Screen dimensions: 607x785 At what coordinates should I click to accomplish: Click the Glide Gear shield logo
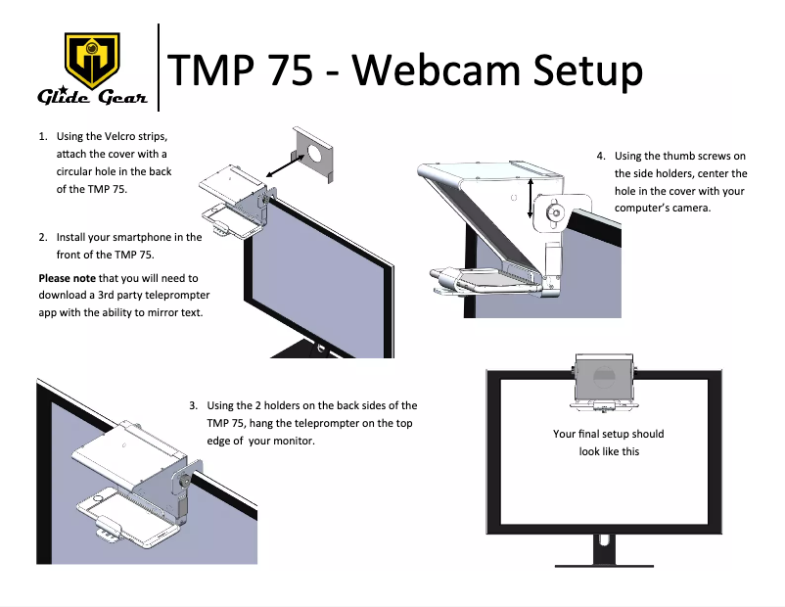pyautogui.click(x=91, y=61)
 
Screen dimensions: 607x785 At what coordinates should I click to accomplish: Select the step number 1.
pyautogui.click(x=42, y=136)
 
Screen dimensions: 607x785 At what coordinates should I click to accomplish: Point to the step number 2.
pyautogui.click(x=42, y=237)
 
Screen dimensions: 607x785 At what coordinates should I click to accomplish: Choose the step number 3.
pyautogui.click(x=194, y=405)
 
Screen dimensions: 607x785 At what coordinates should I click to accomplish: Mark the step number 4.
pyautogui.click(x=601, y=156)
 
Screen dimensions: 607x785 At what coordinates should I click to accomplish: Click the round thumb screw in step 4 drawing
pyautogui.click(x=555, y=211)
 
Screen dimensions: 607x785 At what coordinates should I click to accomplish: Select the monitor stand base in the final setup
pyautogui.click(x=604, y=564)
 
